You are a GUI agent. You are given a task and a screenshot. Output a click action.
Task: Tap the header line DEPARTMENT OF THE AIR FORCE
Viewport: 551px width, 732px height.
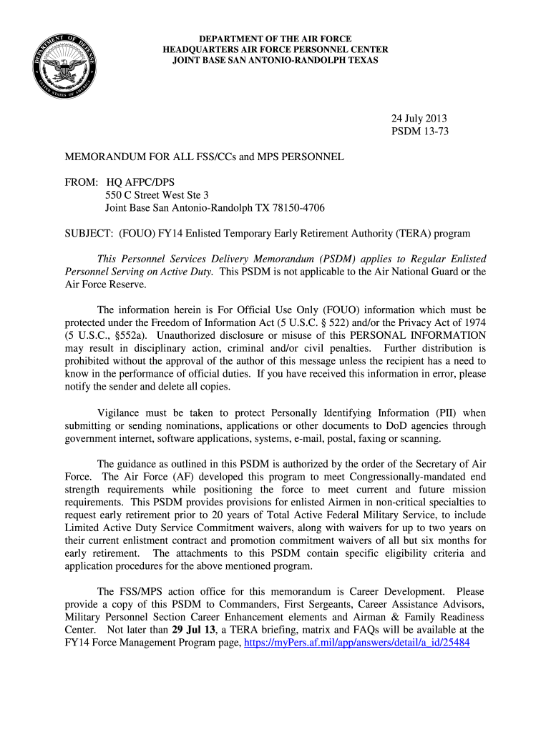click(275, 38)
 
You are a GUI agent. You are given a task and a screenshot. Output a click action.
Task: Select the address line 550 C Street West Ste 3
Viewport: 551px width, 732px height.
click(157, 194)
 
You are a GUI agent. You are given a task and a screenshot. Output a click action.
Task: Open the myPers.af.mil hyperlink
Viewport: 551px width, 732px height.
click(356, 643)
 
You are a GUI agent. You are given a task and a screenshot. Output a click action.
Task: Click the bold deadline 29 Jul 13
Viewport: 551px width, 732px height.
click(197, 630)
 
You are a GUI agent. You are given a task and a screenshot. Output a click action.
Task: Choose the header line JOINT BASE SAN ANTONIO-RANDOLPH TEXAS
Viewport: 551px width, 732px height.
click(275, 61)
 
